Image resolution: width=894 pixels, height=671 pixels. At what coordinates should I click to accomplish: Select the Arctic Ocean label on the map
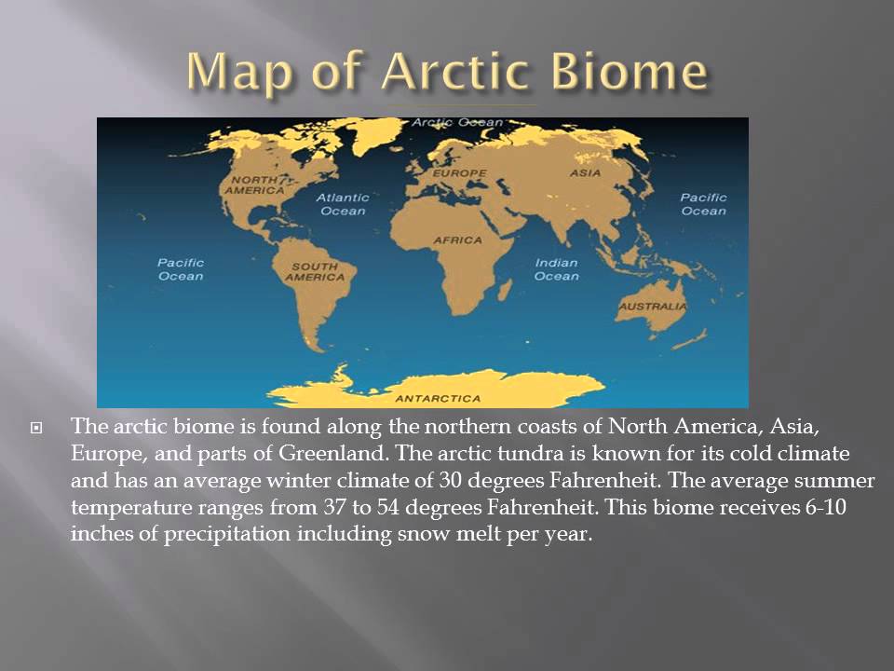444,122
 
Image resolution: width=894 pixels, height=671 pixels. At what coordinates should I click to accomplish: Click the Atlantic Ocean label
342,204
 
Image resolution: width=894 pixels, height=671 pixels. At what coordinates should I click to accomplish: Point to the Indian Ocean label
556,269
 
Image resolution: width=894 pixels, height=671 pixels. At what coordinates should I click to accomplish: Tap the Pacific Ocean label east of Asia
702,204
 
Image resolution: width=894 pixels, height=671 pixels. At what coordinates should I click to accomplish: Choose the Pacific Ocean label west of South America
180,269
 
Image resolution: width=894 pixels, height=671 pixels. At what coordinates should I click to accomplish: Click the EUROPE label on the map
459,173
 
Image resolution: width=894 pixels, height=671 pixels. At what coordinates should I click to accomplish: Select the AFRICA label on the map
457,240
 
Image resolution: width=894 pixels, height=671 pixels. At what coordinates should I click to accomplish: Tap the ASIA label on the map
586,172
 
